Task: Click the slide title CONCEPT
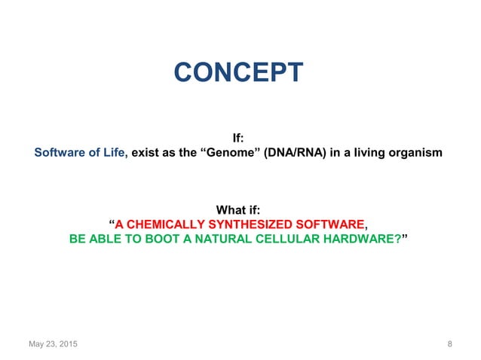239,73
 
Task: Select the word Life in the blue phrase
115,154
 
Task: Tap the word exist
146,154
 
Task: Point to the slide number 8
449,344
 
